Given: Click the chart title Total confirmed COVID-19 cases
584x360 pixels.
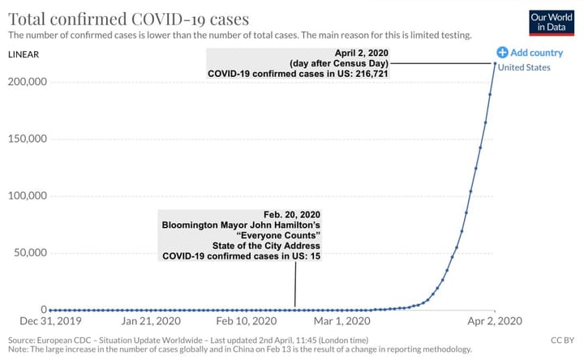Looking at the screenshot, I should click(x=128, y=18).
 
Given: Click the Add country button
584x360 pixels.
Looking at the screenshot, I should click(x=530, y=53).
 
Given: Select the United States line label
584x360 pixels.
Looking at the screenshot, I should click(x=523, y=67).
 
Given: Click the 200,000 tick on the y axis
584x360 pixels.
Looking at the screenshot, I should click(x=28, y=82).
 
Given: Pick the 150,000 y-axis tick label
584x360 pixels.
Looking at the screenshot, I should click(x=28, y=139).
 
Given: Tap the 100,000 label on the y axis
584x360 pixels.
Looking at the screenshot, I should click(x=28, y=196).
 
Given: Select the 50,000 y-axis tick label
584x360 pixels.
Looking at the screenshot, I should click(x=30, y=253).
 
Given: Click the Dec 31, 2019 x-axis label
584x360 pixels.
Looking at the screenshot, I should click(x=50, y=322).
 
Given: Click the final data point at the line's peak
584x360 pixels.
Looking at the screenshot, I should click(x=495, y=64).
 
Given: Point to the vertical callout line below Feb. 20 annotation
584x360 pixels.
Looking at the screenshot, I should click(x=295, y=285).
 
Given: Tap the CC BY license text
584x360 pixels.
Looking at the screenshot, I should click(x=561, y=341).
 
